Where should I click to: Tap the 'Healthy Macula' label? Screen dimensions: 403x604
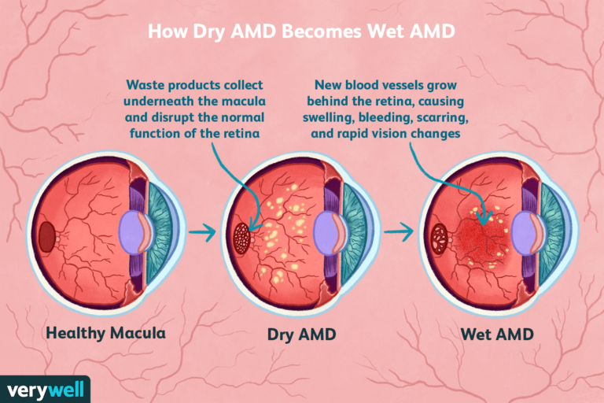click(106, 333)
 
